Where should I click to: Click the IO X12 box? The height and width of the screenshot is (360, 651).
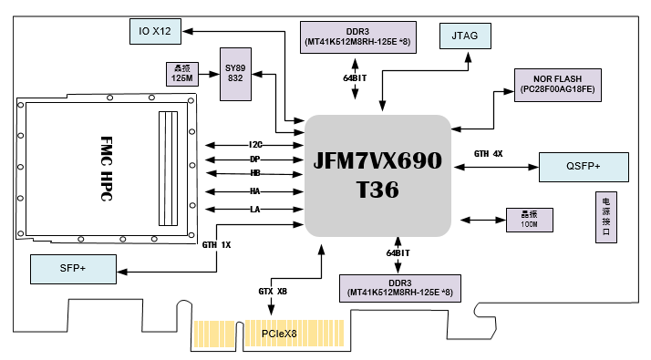[x=155, y=31]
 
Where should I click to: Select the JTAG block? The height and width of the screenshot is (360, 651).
[x=465, y=36]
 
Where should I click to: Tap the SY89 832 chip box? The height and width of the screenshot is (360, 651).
[x=235, y=74]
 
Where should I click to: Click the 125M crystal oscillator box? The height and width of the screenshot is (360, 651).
[x=182, y=74]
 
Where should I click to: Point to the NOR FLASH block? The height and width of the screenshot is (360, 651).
[x=558, y=85]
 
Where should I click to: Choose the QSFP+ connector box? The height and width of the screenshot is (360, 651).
[x=584, y=167]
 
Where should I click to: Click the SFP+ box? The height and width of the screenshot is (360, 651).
[x=73, y=269]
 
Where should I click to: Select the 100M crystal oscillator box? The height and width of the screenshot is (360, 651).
[x=530, y=220]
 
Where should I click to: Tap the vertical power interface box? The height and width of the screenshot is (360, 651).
[x=606, y=217]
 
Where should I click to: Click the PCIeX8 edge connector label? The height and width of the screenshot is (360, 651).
[x=279, y=334]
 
